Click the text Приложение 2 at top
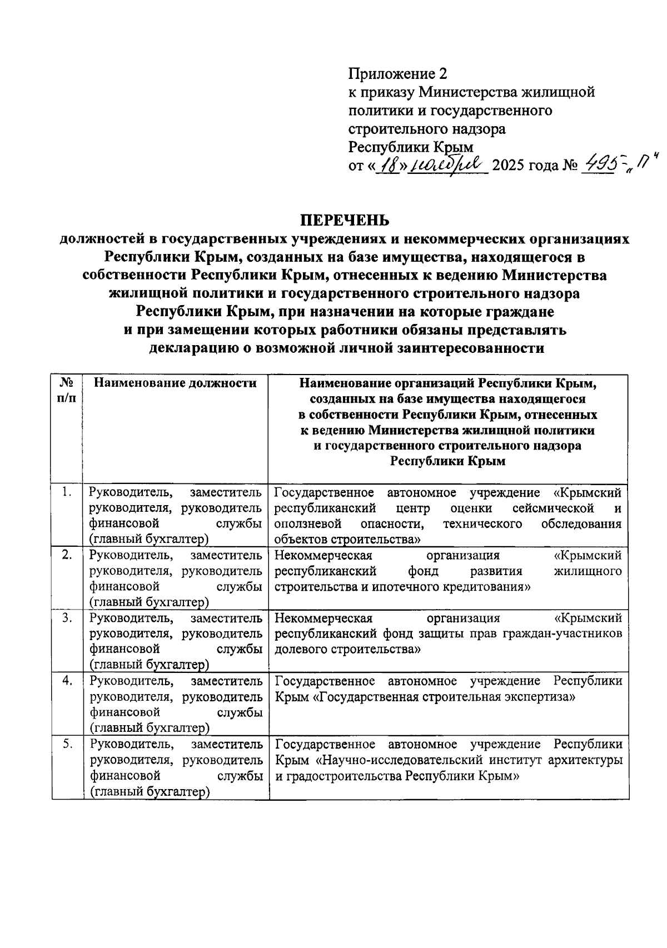[397, 73]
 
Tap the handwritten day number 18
[387, 165]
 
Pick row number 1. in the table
[67, 491]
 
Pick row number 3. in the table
[67, 617]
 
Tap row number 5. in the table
[67, 744]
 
